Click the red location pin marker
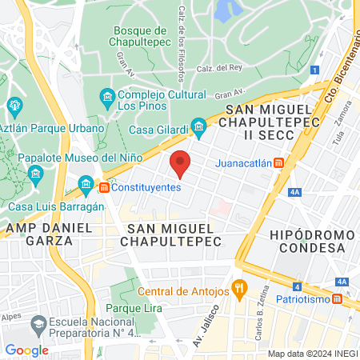click(x=181, y=163)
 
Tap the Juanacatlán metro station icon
click(x=278, y=163)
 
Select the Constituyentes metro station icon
click(x=103, y=188)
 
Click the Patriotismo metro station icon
click(x=338, y=299)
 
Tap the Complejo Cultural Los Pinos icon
click(x=107, y=98)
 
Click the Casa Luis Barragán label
click(x=58, y=206)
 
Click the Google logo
click(x=27, y=350)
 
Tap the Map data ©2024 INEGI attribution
click(x=311, y=354)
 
